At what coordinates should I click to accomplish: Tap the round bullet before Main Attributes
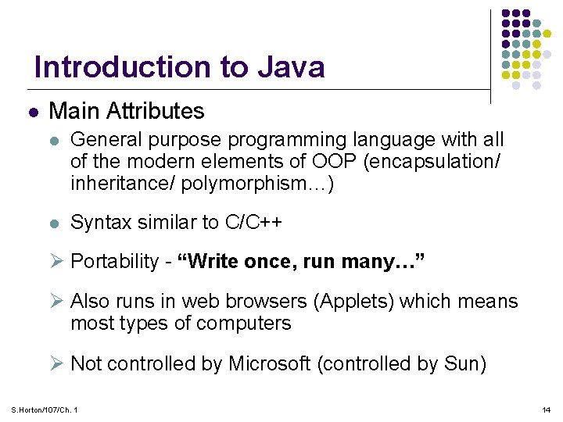[x=32, y=113]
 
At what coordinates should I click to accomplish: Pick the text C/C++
[x=253, y=223]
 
